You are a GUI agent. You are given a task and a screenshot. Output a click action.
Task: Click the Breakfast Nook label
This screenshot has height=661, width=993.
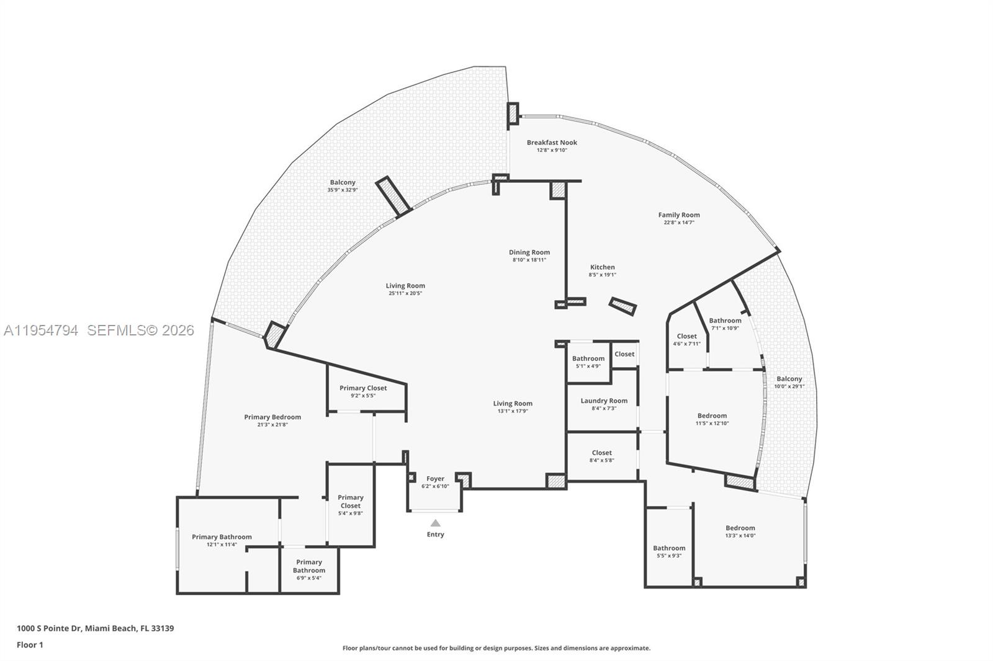[x=552, y=143]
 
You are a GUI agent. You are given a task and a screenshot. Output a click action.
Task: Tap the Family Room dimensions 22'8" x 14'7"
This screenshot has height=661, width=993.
[x=679, y=223]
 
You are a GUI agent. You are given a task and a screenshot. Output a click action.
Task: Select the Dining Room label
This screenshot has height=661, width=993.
[x=529, y=252]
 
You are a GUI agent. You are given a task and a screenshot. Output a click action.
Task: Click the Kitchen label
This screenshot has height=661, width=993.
[x=602, y=267]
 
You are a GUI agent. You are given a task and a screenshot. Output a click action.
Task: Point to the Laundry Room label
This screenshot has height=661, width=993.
[x=604, y=401]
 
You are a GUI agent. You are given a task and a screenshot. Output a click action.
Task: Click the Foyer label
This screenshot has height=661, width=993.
[x=435, y=479]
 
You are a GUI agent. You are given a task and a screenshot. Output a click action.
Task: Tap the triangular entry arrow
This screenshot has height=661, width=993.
[x=436, y=523]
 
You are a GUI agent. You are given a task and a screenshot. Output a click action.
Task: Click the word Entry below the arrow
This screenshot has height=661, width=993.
[x=435, y=535]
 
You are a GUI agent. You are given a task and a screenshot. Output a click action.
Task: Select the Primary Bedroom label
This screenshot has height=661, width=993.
[x=272, y=417]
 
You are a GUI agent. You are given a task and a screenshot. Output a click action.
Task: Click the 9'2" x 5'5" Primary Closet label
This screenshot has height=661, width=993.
[x=363, y=391]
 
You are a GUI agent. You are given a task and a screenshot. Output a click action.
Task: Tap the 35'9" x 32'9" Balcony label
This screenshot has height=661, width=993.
[x=343, y=185]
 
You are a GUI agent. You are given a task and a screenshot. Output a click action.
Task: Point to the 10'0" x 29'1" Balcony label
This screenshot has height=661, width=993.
[x=789, y=382]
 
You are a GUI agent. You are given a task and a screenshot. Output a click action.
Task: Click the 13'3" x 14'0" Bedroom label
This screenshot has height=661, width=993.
[x=740, y=531]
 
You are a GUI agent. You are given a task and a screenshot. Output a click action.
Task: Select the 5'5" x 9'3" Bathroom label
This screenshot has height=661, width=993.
[x=669, y=551]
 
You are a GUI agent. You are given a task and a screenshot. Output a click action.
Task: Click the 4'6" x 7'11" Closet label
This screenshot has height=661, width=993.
[x=686, y=339]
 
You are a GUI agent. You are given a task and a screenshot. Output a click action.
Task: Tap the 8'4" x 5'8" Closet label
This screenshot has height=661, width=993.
[x=601, y=456]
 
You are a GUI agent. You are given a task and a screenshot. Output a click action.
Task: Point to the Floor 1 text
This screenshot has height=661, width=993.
[x=30, y=645]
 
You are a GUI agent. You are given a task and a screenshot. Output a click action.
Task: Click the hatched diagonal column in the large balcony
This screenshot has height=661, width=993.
[x=393, y=196]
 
